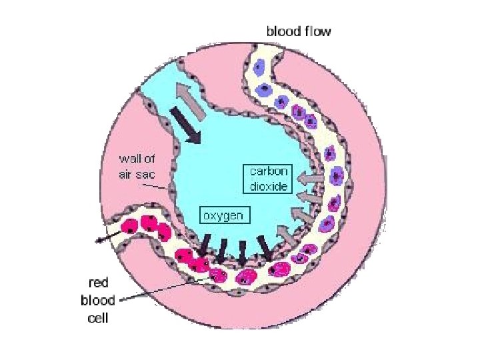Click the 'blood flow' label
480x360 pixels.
[298, 31]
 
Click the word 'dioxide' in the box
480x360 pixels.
[269, 187]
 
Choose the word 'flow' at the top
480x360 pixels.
[317, 31]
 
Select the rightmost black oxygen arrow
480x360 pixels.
[265, 248]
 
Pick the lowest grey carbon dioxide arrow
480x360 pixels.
[285, 234]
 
